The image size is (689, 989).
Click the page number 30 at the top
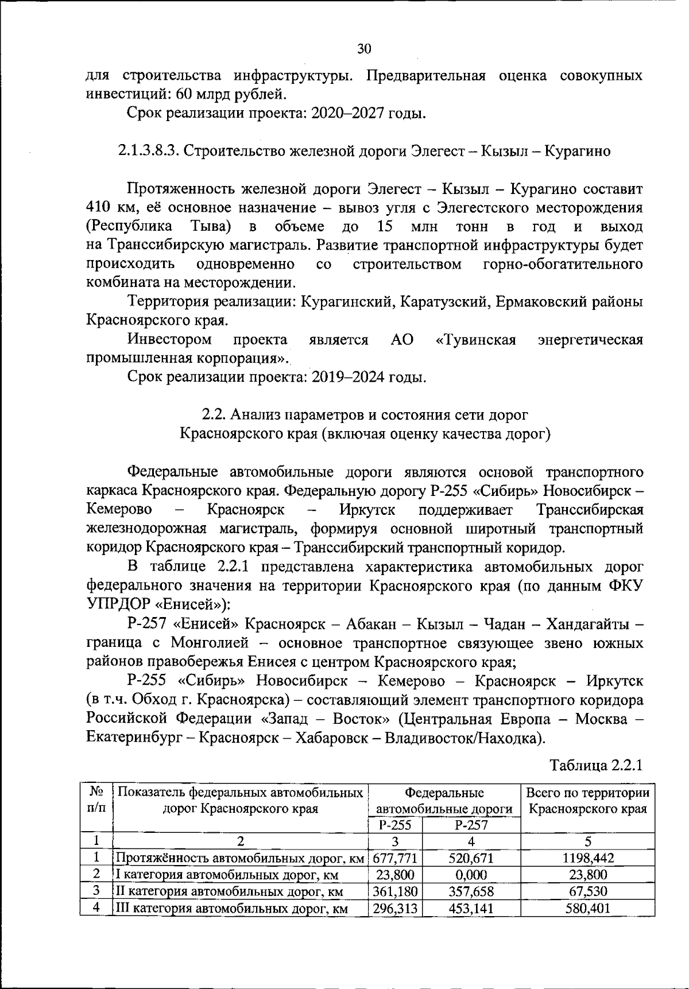364,49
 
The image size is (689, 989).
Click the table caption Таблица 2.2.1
595,765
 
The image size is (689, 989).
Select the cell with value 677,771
395,859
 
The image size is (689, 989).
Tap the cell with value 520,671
471,859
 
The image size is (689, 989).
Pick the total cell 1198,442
588,859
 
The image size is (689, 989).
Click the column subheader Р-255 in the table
395,825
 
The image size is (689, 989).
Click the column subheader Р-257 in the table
471,825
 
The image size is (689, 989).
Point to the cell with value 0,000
471,875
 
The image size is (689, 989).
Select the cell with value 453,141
471,909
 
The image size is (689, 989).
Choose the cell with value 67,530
588,892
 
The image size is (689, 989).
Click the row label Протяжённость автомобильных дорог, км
240,859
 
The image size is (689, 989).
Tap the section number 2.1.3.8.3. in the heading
150,152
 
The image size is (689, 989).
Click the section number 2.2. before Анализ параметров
215,415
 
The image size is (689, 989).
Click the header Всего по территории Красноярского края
588,801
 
